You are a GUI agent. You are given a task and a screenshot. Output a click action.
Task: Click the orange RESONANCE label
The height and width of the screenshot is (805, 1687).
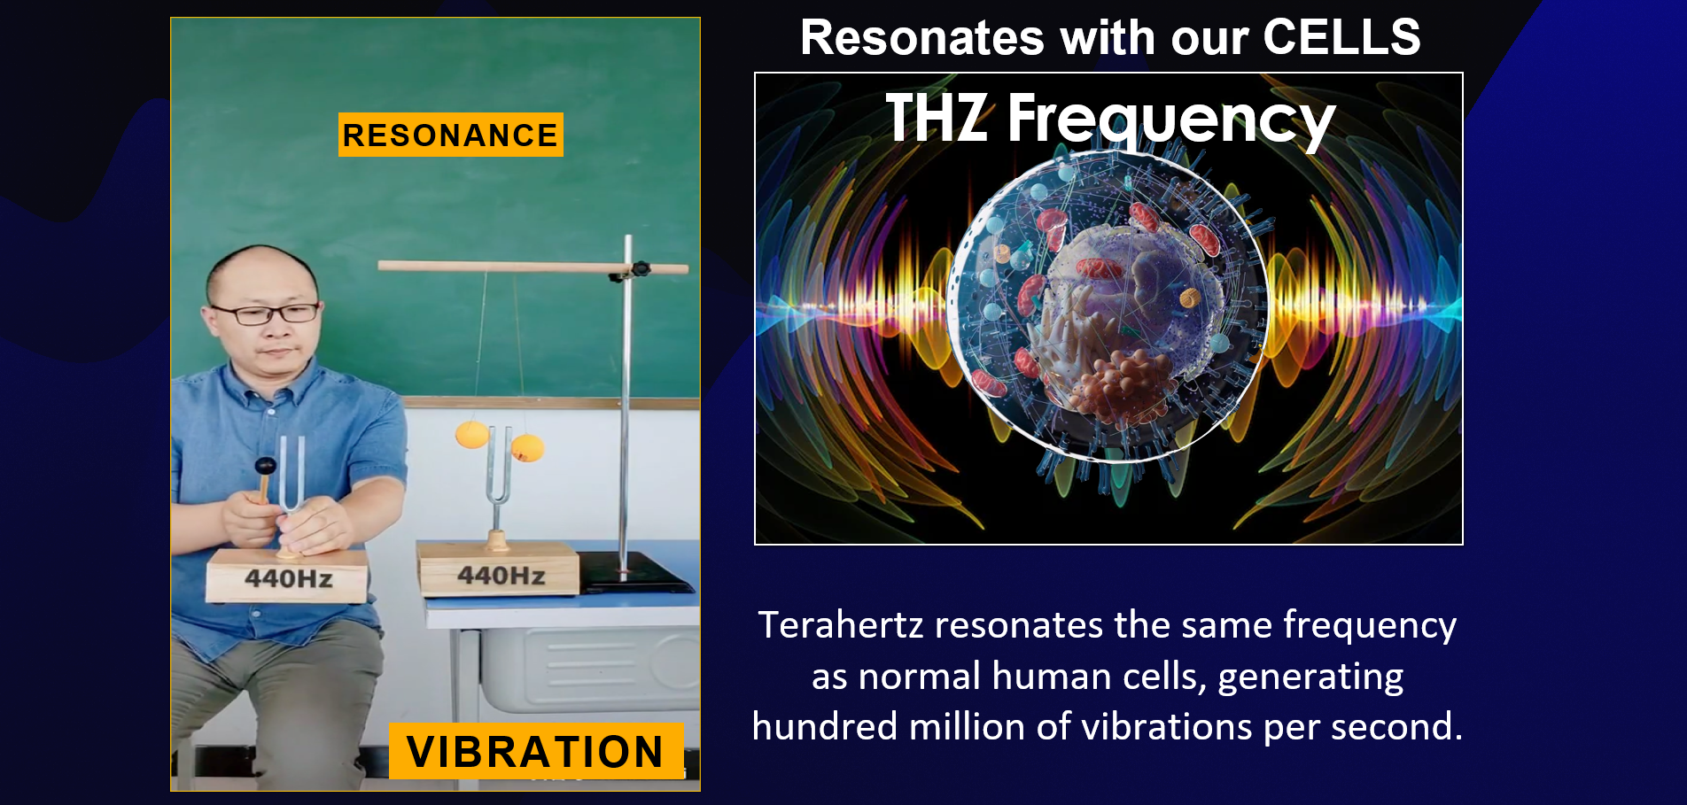tap(450, 135)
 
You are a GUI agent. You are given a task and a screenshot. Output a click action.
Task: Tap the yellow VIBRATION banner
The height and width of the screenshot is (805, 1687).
tap(535, 751)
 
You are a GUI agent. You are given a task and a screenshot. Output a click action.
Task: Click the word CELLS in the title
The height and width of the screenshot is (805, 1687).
tap(1341, 38)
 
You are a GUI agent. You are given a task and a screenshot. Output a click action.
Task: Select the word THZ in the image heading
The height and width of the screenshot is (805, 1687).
tap(936, 118)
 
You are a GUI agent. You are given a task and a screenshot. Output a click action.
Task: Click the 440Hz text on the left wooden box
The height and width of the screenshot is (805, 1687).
tap(289, 579)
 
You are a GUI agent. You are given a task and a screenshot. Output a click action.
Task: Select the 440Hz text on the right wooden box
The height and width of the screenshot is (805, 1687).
tap(501, 576)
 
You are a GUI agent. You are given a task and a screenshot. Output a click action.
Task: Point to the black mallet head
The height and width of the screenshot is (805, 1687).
tap(265, 466)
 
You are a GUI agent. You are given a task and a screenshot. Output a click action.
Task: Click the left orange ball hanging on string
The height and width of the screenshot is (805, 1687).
tap(471, 435)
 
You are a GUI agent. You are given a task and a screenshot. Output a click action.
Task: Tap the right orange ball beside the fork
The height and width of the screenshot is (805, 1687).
tap(528, 447)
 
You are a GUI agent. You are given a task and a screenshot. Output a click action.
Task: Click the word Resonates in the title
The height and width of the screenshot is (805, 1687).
tap(922, 38)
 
